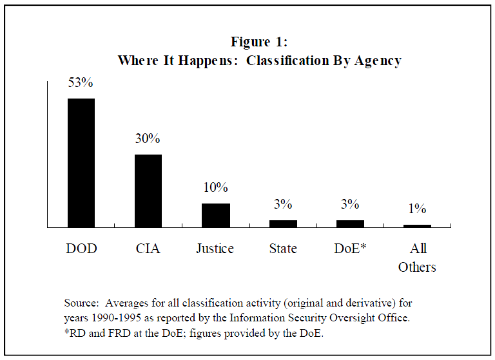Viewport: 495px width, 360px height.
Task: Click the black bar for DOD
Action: tap(81, 163)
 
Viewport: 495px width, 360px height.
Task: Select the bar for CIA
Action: tap(148, 191)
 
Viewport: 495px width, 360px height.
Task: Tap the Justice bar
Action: tap(215, 215)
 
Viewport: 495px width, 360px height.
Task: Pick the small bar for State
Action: tap(283, 223)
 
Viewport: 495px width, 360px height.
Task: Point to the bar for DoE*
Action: tap(350, 223)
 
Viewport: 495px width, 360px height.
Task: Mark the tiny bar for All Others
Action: tap(417, 226)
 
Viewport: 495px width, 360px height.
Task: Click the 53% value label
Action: tap(81, 83)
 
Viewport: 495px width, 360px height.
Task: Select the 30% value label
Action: tap(148, 139)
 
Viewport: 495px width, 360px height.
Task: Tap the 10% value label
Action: tap(215, 188)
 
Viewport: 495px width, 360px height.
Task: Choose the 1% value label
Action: tap(417, 209)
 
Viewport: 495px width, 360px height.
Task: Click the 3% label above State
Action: tap(283, 205)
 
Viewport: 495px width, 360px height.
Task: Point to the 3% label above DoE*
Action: tap(350, 205)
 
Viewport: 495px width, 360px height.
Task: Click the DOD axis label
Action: tap(81, 249)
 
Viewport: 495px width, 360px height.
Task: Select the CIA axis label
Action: tap(148, 249)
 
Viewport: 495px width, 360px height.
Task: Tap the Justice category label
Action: tap(215, 249)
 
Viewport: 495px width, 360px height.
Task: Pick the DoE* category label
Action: tap(350, 249)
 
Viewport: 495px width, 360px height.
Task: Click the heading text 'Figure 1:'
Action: tap(259, 42)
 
